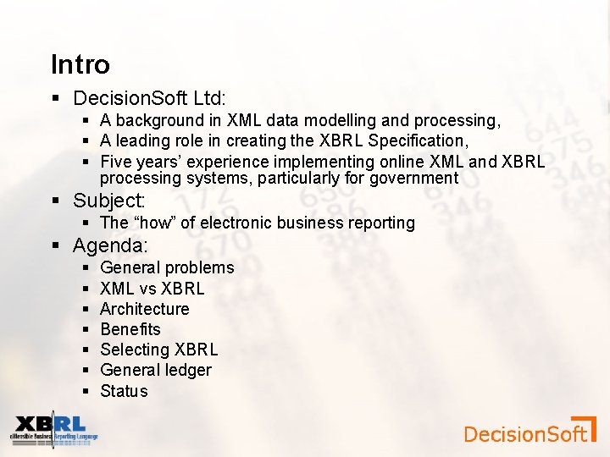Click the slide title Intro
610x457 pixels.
tap(80, 64)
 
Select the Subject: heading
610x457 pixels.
tap(109, 201)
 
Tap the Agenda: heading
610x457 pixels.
tap(110, 245)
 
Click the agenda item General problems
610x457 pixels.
tap(167, 267)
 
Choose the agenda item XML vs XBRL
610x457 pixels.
tap(152, 289)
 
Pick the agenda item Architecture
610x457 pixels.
tap(144, 309)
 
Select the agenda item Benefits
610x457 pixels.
tap(130, 329)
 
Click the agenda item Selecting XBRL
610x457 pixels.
tap(158, 350)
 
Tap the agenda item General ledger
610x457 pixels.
tap(155, 370)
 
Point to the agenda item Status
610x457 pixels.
tap(124, 391)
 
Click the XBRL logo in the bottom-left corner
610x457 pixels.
tap(53, 429)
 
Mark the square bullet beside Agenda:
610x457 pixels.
tap(56, 246)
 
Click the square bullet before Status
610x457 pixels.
tap(87, 391)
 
